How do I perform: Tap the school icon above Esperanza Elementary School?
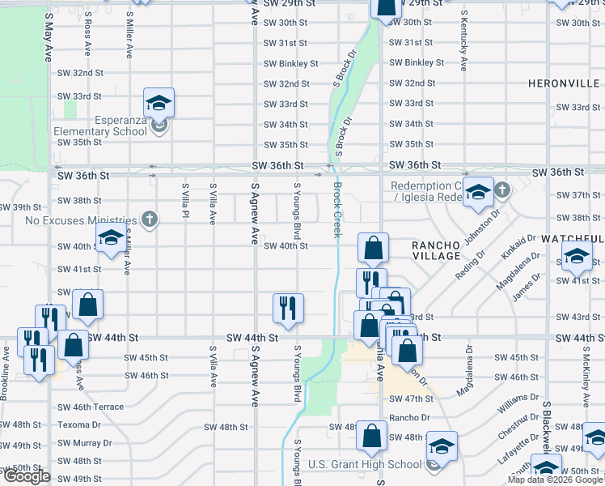(159, 103)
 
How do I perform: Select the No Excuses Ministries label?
(80, 220)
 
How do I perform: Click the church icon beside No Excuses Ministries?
(148, 219)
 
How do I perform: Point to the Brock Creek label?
(336, 209)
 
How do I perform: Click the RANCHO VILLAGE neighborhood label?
(436, 249)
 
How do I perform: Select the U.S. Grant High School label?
(365, 464)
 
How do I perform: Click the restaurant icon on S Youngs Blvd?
(288, 308)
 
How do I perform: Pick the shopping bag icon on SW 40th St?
(373, 248)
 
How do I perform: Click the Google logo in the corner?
(27, 476)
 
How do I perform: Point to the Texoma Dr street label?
(78, 424)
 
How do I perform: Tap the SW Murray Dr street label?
(84, 443)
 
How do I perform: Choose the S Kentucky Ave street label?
(463, 40)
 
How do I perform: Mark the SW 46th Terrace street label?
(90, 407)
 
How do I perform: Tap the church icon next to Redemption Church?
(501, 191)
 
